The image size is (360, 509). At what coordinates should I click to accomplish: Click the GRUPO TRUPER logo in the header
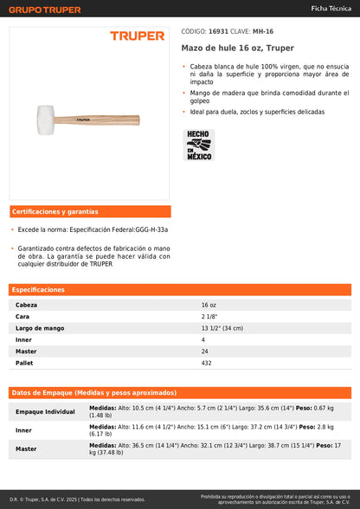point(45,9)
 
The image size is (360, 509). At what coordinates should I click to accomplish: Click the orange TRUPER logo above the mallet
point(137,35)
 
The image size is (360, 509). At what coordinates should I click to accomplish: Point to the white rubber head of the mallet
point(43,115)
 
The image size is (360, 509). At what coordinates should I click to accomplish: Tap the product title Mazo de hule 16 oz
point(225,48)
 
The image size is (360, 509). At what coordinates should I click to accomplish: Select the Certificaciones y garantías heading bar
point(90,211)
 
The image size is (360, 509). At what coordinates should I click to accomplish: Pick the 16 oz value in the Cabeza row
point(209,306)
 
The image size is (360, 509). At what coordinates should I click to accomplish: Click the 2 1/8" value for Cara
point(209,317)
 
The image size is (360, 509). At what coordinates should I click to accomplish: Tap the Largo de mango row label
point(40,328)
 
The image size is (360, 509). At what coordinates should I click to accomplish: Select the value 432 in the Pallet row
point(207,363)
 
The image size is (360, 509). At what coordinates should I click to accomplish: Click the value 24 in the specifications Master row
point(205,351)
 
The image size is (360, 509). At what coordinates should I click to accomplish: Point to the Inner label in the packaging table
point(23,430)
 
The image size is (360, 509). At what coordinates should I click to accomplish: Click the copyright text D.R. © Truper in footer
point(78,499)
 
